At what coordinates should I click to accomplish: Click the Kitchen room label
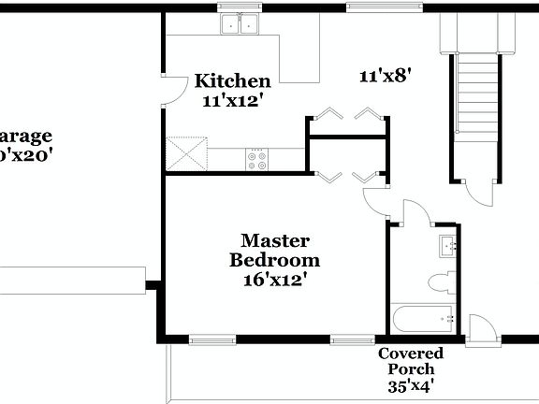(x=232, y=81)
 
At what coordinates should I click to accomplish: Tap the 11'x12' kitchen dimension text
(x=232, y=100)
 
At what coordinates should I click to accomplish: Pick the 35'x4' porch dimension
(x=411, y=384)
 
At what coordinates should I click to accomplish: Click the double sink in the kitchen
(x=240, y=24)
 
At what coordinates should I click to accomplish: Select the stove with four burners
(x=256, y=160)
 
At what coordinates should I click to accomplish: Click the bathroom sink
(x=447, y=248)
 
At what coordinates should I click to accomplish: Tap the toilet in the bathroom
(x=441, y=281)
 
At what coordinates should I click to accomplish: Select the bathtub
(x=423, y=320)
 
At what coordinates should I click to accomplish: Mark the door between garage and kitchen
(x=170, y=89)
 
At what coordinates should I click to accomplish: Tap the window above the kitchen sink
(x=240, y=7)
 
